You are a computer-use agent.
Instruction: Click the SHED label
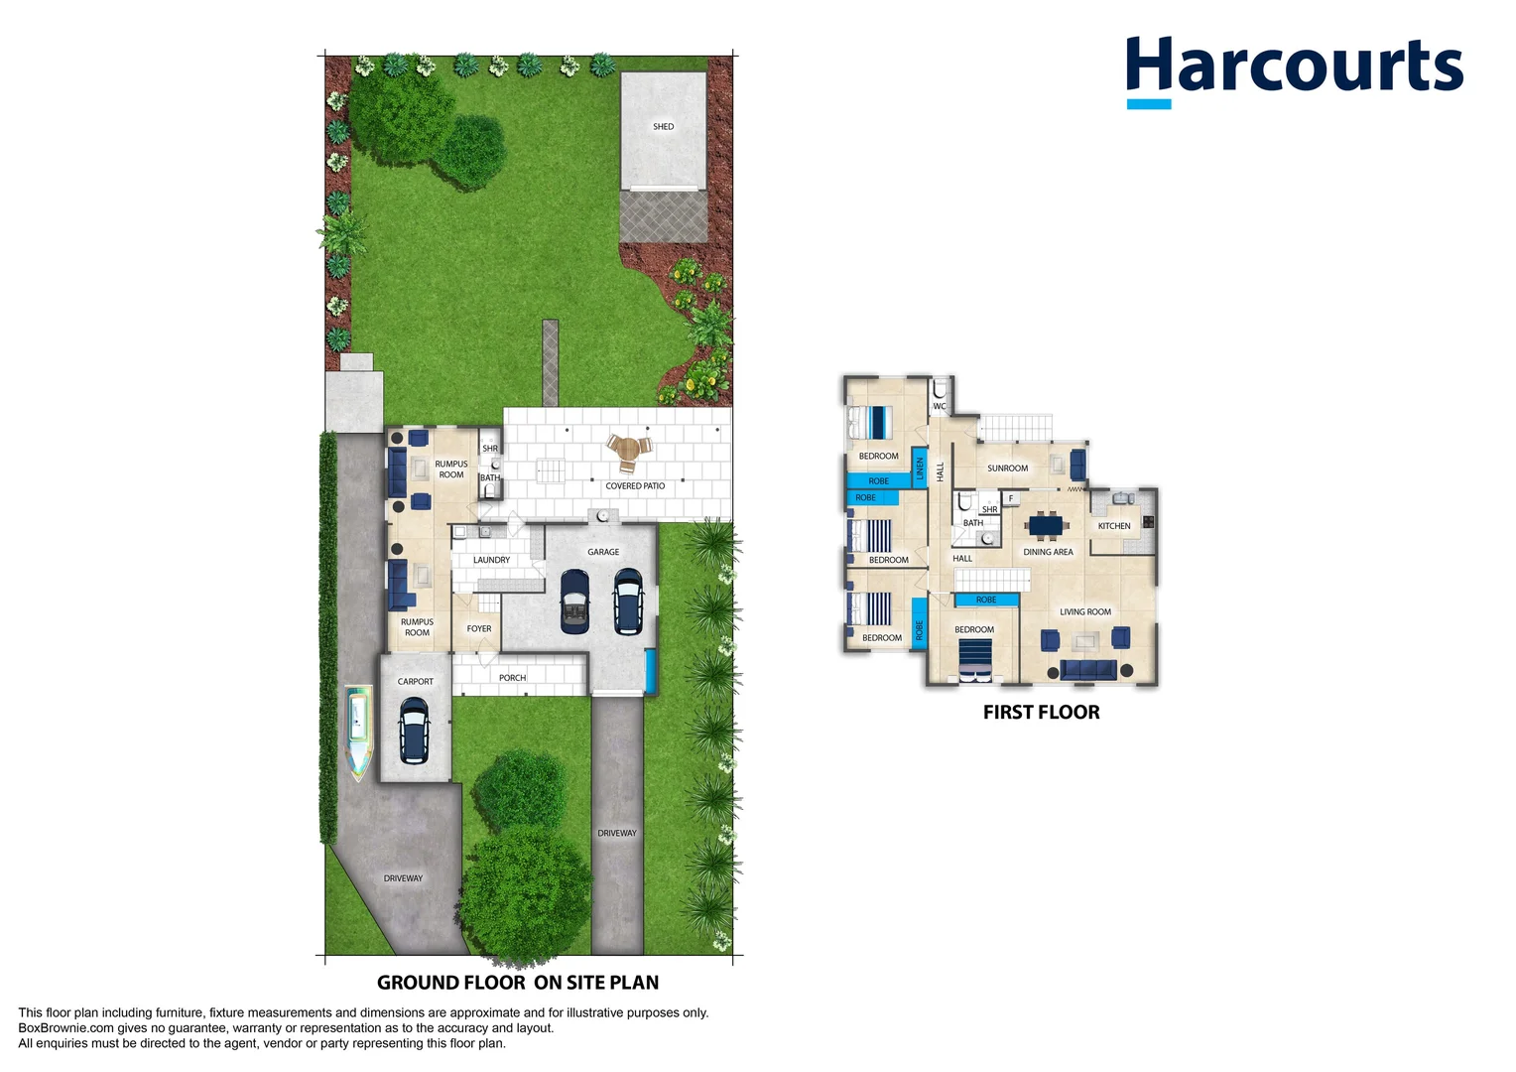tap(663, 126)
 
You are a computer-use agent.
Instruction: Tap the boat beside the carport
tap(358, 732)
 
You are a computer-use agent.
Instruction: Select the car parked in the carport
tap(414, 730)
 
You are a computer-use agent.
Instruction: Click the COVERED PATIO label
tap(635, 486)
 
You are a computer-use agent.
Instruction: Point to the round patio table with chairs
tap(627, 452)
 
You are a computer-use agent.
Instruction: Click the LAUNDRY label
tap(491, 560)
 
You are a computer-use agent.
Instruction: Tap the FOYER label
tap(479, 628)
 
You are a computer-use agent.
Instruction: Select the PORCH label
tap(512, 678)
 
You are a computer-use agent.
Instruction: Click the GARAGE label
tap(603, 552)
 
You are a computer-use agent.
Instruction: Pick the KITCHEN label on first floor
tap(1114, 526)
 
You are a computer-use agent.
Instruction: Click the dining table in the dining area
tap(1049, 525)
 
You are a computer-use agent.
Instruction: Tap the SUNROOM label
tap(1007, 469)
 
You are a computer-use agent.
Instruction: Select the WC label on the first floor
tap(939, 407)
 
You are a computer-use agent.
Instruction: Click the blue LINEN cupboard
tap(920, 468)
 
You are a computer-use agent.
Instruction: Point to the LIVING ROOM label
tap(1085, 611)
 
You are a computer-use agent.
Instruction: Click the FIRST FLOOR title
tap(1041, 712)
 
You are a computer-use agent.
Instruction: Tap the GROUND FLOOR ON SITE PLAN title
tap(518, 983)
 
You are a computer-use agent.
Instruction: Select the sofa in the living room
tap(1088, 670)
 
